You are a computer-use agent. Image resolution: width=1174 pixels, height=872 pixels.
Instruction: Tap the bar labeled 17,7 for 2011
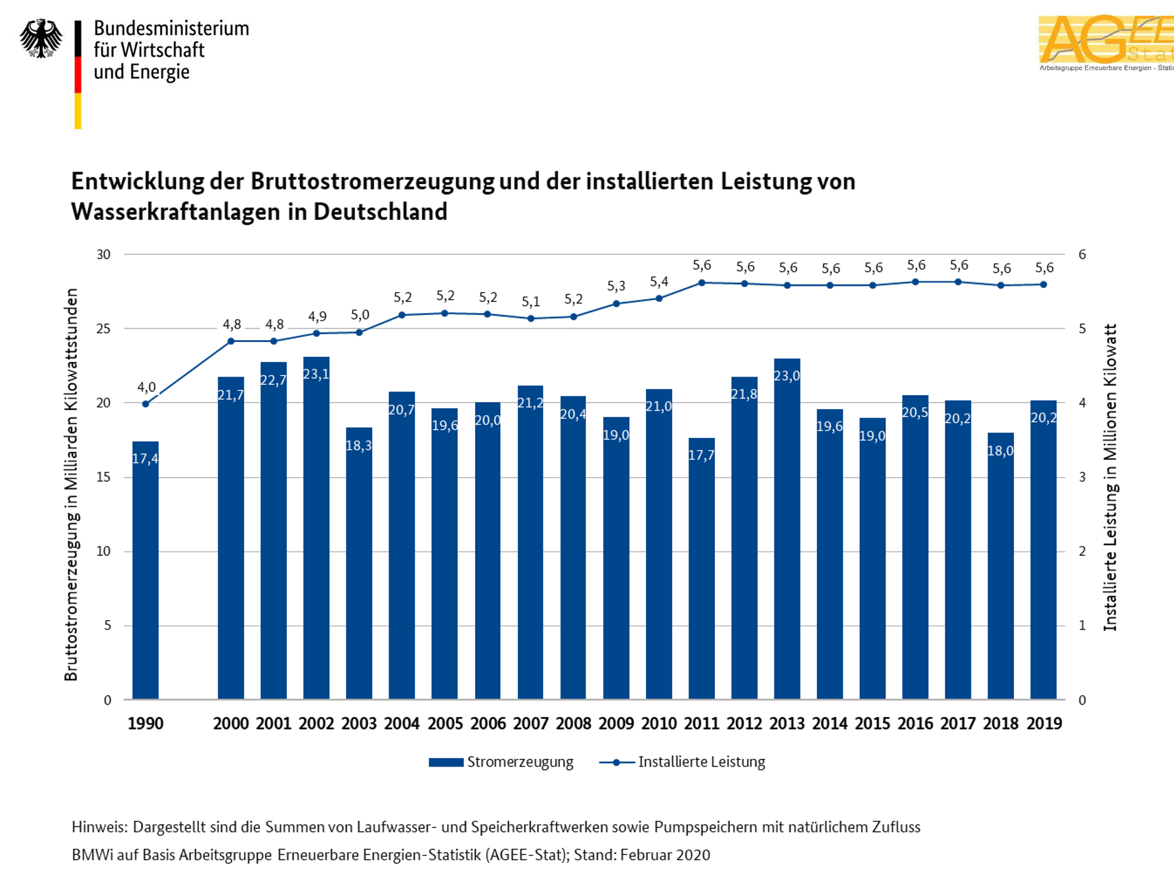(701, 568)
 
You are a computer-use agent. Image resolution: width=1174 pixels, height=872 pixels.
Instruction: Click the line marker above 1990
(146, 404)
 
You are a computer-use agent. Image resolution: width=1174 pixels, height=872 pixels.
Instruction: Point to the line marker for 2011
(702, 283)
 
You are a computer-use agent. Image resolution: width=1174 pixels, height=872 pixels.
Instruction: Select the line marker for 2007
(531, 319)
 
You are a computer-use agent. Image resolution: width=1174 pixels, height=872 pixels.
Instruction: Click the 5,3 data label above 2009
(616, 286)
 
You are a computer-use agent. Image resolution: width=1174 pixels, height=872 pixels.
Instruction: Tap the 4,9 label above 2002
(317, 316)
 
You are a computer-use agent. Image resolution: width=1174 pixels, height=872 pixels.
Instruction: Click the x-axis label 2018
(1001, 724)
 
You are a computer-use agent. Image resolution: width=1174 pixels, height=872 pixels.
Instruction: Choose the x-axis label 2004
(402, 724)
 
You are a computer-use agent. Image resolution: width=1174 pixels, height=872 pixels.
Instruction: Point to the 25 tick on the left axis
(104, 329)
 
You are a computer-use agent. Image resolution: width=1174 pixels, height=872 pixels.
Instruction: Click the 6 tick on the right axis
(1082, 255)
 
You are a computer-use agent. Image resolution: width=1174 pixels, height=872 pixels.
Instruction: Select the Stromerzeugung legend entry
(501, 762)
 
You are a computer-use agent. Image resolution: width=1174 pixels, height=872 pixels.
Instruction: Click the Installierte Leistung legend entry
(682, 762)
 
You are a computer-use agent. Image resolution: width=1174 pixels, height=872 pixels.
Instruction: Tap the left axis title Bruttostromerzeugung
(71, 484)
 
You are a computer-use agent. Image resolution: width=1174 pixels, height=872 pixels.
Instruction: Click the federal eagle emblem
(40, 38)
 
